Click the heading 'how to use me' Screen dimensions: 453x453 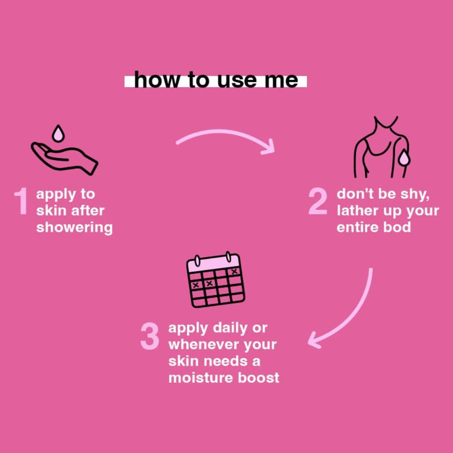(216, 80)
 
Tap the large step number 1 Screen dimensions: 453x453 (21, 201)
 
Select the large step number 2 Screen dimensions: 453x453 (318, 201)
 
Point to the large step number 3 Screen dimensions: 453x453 (150, 336)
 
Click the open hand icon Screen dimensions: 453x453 (64, 158)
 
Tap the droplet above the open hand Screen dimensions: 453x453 (58, 134)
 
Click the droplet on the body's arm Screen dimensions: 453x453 (404, 159)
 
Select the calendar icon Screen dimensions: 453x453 (216, 280)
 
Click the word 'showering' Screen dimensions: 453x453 (74, 228)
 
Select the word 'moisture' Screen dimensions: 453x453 (201, 378)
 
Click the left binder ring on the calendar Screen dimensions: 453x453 (197, 261)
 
